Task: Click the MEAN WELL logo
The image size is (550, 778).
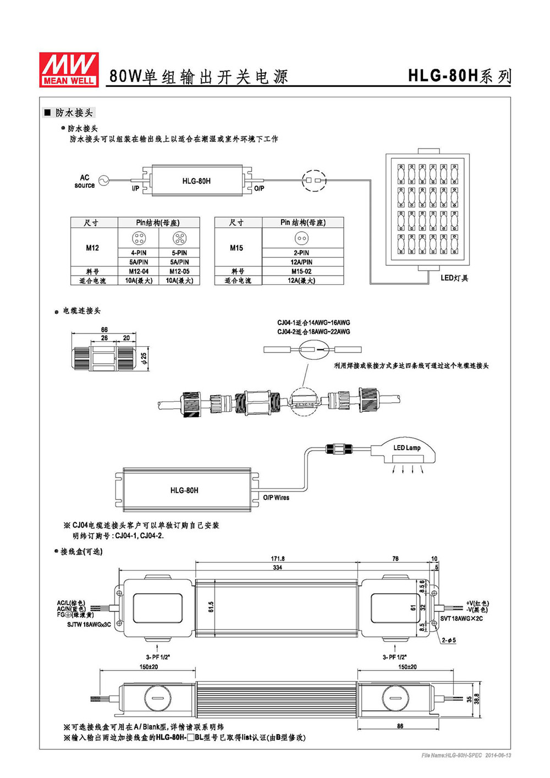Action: click(69, 69)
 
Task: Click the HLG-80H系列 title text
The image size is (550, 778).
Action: click(459, 75)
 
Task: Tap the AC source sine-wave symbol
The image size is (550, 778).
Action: click(103, 180)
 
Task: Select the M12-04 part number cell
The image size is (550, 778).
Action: click(139, 271)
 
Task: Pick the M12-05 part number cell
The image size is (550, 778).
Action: click(179, 271)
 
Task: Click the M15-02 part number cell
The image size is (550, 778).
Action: click(301, 271)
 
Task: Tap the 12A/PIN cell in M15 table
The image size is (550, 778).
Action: click(301, 262)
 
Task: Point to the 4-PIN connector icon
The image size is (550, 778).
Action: click(139, 238)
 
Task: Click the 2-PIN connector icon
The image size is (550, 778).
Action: click(301, 238)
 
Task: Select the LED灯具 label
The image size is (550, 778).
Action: click(454, 278)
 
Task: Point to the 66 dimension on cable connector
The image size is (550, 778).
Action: click(104, 329)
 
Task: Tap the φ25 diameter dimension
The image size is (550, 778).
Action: click(144, 358)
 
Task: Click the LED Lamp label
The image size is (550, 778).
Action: click(406, 448)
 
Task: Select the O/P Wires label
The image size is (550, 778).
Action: click(276, 497)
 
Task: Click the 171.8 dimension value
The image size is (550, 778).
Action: click(277, 558)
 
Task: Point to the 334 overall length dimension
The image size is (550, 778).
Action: click(277, 567)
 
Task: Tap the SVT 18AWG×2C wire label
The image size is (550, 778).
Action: click(461, 618)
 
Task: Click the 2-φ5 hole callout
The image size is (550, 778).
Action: click(449, 640)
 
